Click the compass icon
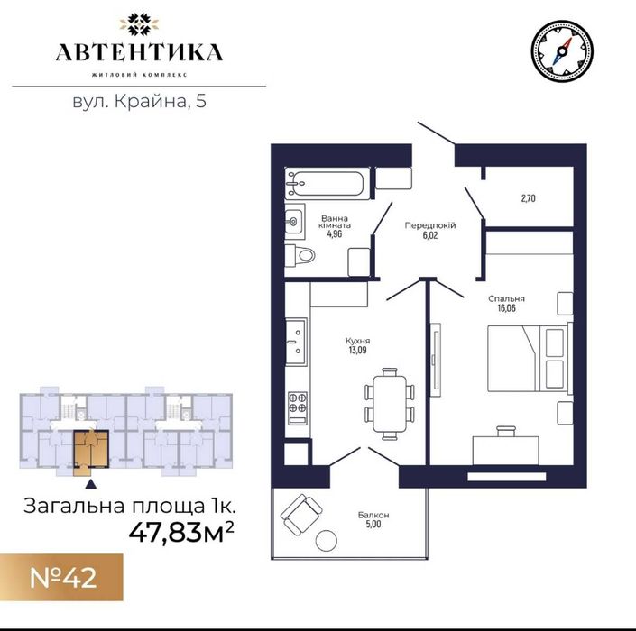coord(562,51)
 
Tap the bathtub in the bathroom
coord(327,184)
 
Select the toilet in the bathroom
coord(300,255)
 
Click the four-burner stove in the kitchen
coord(298,408)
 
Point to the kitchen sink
coord(296,342)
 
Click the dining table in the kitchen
coord(390,404)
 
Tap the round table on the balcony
coord(327,541)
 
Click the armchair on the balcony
coord(301,514)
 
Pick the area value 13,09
coord(357,350)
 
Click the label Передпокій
coord(430,225)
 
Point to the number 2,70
coord(528,198)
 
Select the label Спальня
coord(506,298)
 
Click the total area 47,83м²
coord(181,532)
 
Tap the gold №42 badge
coord(61,577)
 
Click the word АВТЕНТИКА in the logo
coord(139,52)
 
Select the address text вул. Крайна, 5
coord(139,101)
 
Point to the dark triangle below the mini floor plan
coord(91,483)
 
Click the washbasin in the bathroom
coord(294,221)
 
